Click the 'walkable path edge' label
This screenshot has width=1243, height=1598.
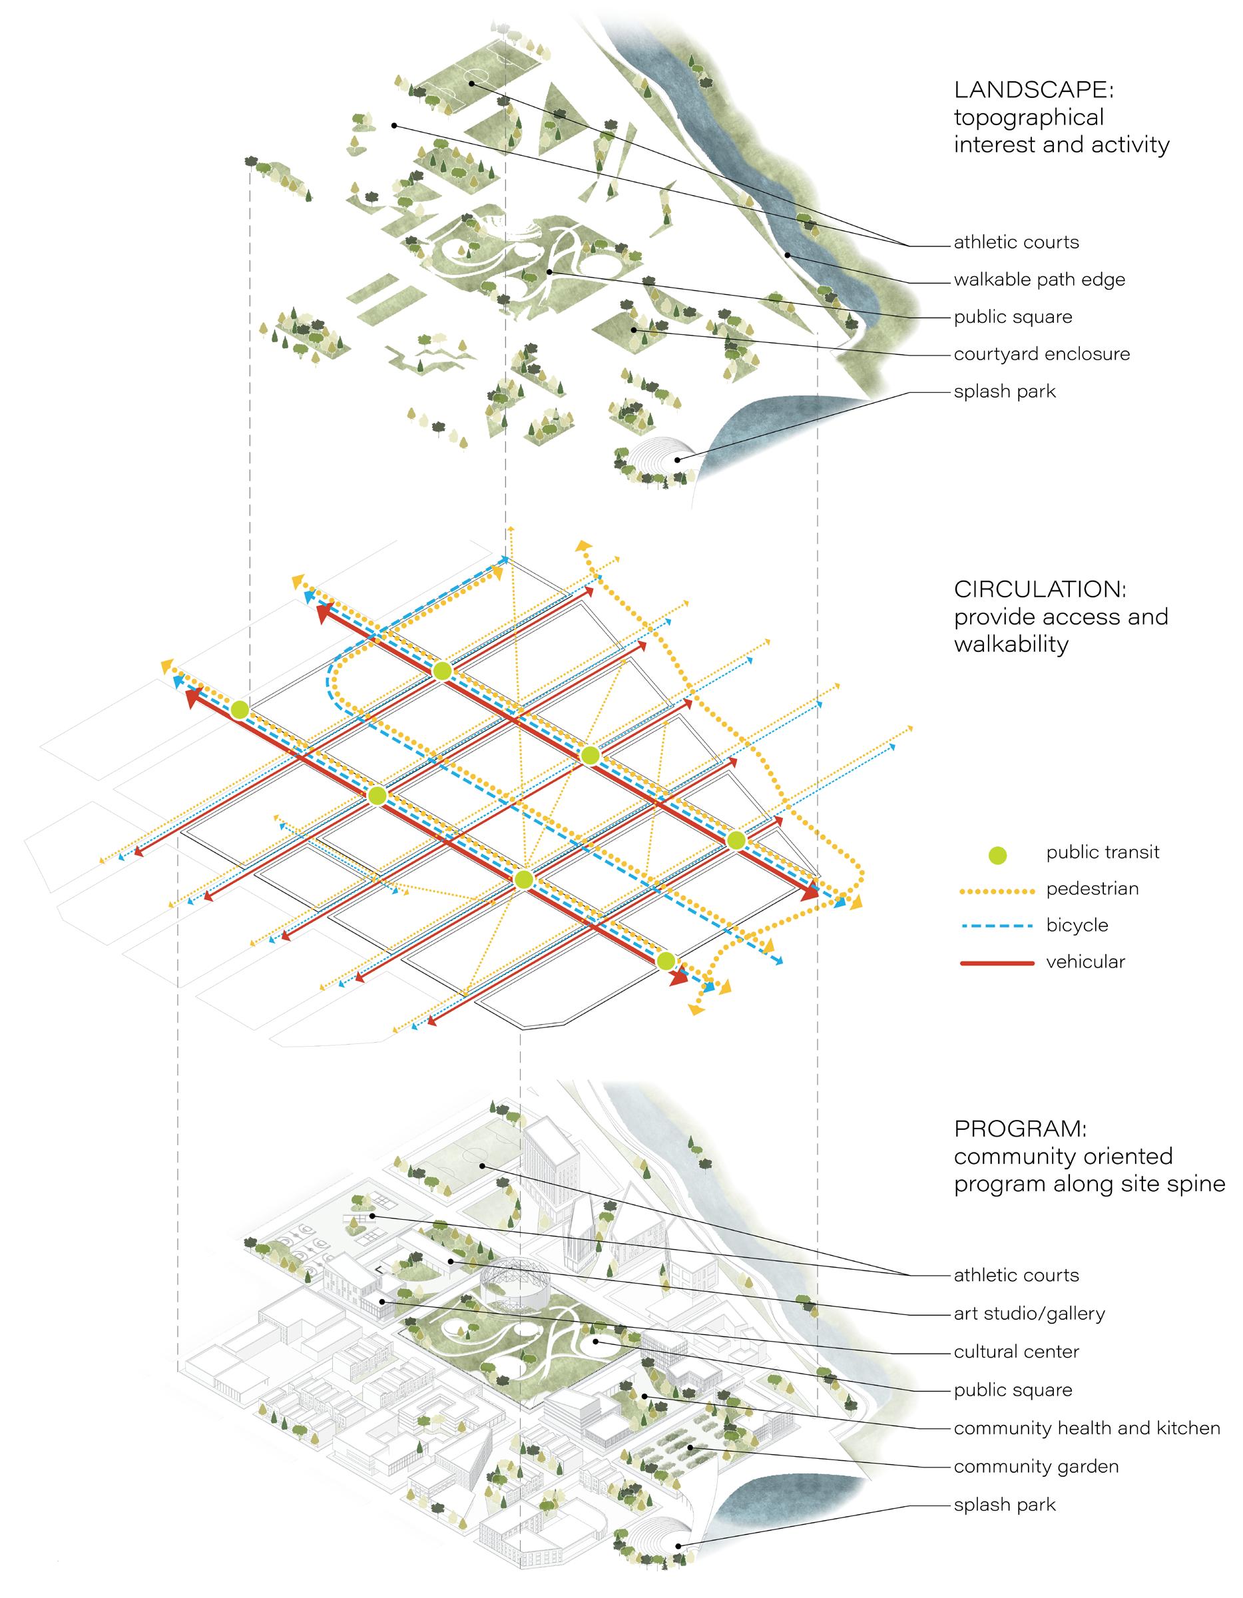(1039, 280)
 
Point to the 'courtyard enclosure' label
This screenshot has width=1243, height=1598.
(1042, 354)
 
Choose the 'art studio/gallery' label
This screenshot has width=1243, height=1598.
(1029, 1314)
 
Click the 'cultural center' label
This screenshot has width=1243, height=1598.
(1016, 1352)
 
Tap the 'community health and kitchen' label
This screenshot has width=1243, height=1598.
(1087, 1428)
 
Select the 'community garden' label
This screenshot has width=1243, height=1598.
(1036, 1465)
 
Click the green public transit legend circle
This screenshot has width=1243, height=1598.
(997, 853)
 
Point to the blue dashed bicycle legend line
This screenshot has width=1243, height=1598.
(997, 926)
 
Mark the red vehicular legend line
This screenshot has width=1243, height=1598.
(997, 963)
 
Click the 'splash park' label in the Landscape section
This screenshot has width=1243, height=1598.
(1005, 392)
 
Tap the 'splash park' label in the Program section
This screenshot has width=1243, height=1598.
(1005, 1504)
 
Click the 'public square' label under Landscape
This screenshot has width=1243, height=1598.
(1013, 317)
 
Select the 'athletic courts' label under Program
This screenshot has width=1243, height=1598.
(1016, 1275)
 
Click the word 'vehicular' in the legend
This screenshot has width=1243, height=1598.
(1085, 962)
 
